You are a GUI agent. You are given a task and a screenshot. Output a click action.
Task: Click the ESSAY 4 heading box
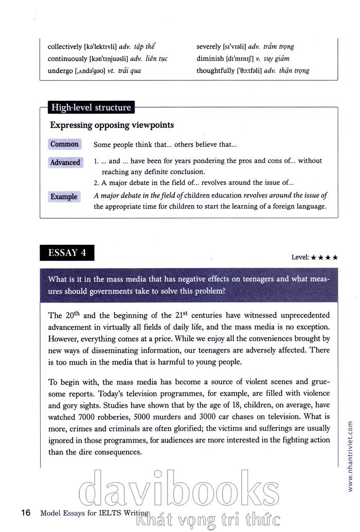point(67,253)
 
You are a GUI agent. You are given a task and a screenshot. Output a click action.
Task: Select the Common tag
point(64,145)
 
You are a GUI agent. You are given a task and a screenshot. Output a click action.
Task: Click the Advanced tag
point(65,163)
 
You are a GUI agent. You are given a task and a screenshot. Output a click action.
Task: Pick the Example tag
point(64,197)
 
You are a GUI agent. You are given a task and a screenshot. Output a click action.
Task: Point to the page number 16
point(26,512)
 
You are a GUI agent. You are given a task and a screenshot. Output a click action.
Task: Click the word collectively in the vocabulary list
point(65,47)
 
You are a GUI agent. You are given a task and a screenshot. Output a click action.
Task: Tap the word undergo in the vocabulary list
point(60,70)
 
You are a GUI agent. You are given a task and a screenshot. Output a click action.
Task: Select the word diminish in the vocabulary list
point(210,59)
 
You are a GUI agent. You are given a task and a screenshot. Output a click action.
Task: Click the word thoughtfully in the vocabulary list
point(215,70)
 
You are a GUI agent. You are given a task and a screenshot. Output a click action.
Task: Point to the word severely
point(208,47)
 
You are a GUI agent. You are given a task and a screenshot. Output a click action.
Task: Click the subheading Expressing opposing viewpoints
point(112,125)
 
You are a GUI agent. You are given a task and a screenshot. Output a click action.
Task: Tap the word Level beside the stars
point(299,257)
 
